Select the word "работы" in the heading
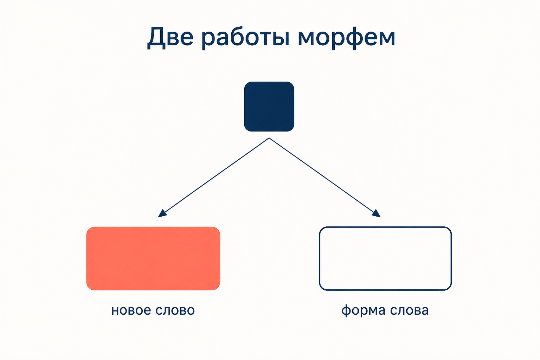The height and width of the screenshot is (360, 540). pos(245,39)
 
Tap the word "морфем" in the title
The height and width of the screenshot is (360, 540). pos(346,39)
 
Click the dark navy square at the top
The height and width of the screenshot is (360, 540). pos(269,107)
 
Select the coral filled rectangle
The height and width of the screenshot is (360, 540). pos(153,258)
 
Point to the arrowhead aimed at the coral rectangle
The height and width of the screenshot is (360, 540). pos(162,214)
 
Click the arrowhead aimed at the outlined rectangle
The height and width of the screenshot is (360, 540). pos(376,214)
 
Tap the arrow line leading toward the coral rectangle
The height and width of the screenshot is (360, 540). pos(213,178)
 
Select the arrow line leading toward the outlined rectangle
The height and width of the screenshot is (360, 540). pos(325,178)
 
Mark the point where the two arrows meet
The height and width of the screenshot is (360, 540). pos(269,138)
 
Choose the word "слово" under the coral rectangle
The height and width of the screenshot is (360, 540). pos(175,310)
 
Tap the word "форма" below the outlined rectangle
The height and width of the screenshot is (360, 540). pos(364,310)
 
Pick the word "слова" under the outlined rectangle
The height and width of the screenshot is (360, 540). pos(410,310)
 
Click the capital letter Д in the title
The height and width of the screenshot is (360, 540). pos(156,38)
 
